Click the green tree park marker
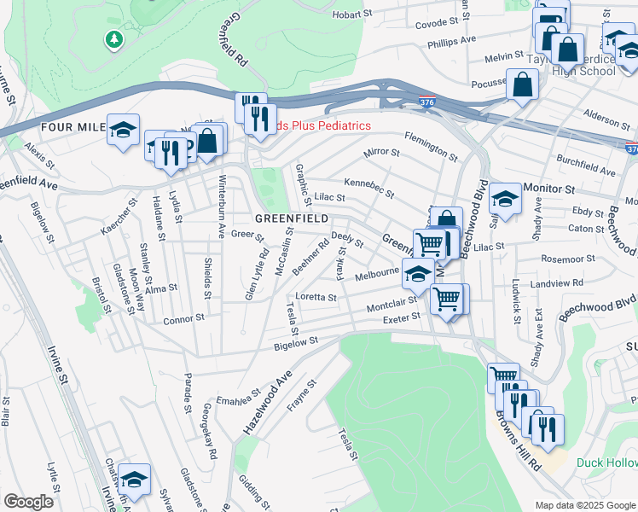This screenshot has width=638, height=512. pyautogui.click(x=113, y=39)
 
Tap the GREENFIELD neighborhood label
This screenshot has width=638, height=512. pyautogui.click(x=292, y=218)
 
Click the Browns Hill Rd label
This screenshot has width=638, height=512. pyautogui.click(x=517, y=442)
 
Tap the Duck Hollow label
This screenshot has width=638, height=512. pyautogui.click(x=606, y=463)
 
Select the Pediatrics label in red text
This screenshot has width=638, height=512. pyautogui.click(x=325, y=125)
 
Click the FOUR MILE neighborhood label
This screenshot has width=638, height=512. pyautogui.click(x=72, y=126)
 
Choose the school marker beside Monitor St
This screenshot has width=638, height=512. pyautogui.click(x=505, y=201)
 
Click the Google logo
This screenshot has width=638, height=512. pyautogui.click(x=28, y=502)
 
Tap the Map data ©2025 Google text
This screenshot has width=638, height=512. pyautogui.click(x=584, y=505)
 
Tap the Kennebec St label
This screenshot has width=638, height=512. pyautogui.click(x=368, y=188)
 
